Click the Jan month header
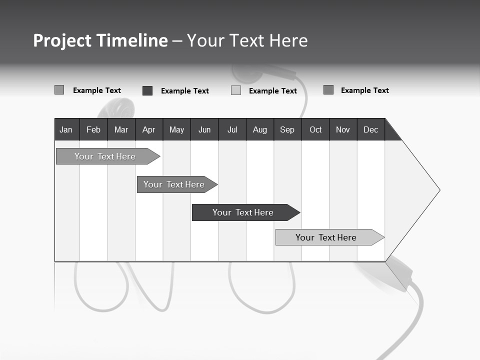tap(66, 129)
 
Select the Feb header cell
tap(93, 129)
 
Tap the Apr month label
tap(148, 129)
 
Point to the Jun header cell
tap(204, 129)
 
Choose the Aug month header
tap(259, 129)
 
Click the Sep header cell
tap(287, 129)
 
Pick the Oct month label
tap(315, 129)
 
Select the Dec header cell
tap(370, 129)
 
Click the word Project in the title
tap(62, 40)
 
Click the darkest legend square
tap(147, 90)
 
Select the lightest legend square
tap(236, 90)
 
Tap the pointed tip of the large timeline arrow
tap(438, 190)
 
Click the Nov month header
tap(343, 129)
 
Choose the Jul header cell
tap(232, 129)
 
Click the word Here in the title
tap(288, 40)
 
